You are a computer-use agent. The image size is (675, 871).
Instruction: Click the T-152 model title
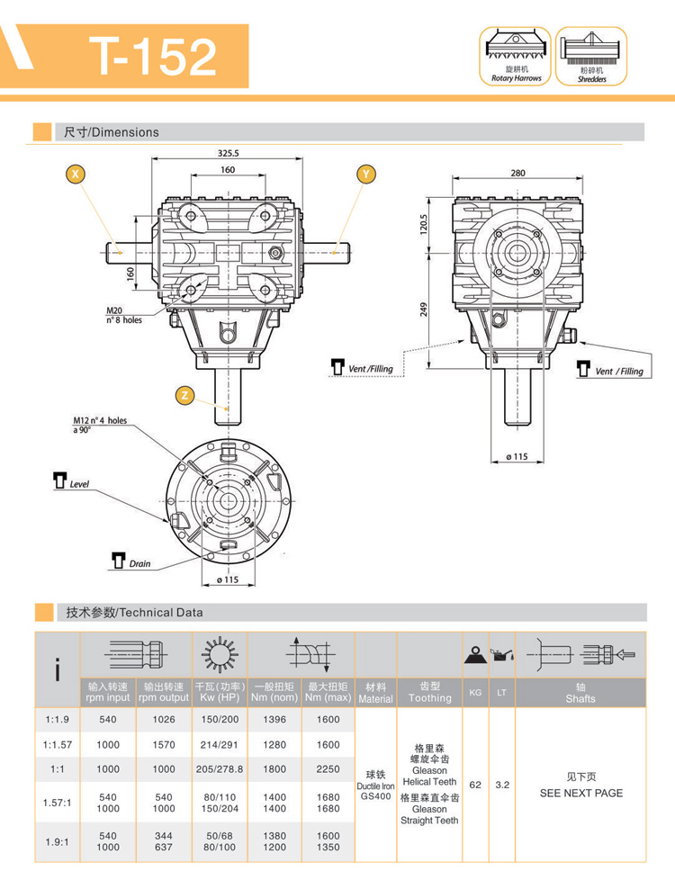tap(152, 56)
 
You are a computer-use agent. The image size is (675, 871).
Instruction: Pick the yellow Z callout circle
tap(184, 394)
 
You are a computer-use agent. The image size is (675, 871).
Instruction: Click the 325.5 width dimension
tap(228, 153)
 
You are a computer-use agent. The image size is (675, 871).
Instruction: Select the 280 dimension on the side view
tap(517, 172)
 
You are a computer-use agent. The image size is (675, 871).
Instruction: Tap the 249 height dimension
tap(423, 309)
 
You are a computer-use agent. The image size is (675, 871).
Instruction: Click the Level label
tap(80, 484)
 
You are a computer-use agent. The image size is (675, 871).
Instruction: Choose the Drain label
tap(139, 564)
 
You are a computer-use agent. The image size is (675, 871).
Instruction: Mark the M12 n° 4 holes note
tap(100, 424)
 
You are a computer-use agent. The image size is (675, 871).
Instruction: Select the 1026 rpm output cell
tap(163, 720)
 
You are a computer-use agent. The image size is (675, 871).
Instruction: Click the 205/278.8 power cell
tap(219, 769)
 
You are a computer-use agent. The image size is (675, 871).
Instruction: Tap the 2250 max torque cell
tap(328, 769)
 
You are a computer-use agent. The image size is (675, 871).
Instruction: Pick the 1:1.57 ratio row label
tap(58, 744)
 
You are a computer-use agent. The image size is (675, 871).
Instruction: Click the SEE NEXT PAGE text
tap(580, 793)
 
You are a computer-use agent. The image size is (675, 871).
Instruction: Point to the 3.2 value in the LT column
tap(503, 784)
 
